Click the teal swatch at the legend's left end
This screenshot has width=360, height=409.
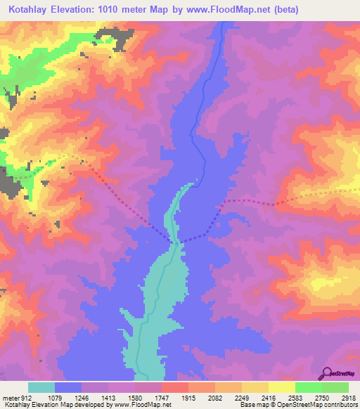[x=41, y=387]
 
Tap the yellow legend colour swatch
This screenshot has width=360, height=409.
[x=281, y=387]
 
